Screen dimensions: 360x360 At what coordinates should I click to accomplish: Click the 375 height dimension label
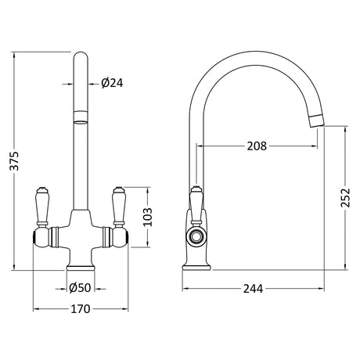tap(14, 160)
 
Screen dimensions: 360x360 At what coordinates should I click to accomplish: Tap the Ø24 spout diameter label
tap(112, 83)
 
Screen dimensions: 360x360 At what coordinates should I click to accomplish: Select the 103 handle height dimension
tap(148, 217)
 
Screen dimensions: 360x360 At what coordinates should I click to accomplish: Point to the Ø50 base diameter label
tap(80, 288)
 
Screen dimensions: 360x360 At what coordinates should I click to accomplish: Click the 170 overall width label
tap(81, 309)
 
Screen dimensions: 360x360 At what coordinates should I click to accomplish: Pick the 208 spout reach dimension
tap(257, 146)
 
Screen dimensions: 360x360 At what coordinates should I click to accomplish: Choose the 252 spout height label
tap(345, 198)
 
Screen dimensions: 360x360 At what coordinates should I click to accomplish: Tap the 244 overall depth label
tap(253, 289)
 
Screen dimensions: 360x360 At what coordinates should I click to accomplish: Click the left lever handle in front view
tap(41, 206)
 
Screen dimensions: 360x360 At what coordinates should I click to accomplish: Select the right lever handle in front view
tap(119, 206)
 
